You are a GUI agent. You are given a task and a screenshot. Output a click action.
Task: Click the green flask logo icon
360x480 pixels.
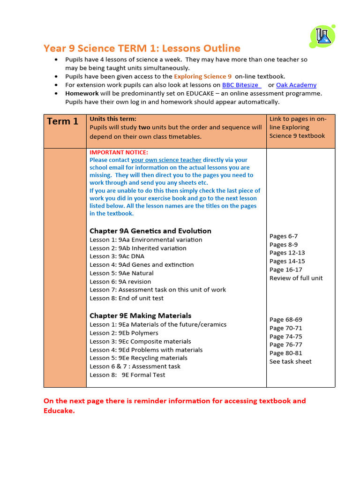coord(322,36)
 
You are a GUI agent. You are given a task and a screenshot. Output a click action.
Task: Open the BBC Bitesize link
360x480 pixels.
coord(240,85)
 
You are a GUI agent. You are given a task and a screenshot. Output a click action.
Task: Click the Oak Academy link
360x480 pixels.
coord(296,85)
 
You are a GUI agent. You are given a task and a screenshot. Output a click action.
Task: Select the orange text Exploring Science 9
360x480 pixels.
coord(202,76)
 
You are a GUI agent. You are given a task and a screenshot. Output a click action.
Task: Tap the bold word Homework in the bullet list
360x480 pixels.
coord(82,93)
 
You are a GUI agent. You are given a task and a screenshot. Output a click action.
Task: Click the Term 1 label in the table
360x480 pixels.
coord(62,121)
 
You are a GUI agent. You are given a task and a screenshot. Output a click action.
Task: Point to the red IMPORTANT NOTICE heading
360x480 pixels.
coord(119,152)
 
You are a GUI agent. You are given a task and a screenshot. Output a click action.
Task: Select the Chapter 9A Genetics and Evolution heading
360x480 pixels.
coord(150,231)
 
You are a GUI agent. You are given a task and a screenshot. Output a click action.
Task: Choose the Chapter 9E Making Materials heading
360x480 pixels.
coord(140,315)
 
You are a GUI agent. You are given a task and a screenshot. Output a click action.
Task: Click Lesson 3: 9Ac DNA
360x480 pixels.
coord(117,256)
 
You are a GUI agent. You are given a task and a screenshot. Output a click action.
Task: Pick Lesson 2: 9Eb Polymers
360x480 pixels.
coord(124,333)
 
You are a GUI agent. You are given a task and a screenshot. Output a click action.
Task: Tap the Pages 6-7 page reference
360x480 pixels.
coord(283,236)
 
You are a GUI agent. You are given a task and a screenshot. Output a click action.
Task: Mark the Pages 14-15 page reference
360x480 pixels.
coord(287,261)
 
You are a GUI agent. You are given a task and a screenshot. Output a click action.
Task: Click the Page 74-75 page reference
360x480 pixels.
coord(285,337)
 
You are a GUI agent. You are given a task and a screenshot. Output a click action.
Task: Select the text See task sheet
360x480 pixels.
coord(290,361)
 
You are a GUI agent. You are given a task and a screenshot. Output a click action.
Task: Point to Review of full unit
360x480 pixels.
coord(296,278)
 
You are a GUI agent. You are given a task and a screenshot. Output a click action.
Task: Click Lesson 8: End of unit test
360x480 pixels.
coord(127,298)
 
